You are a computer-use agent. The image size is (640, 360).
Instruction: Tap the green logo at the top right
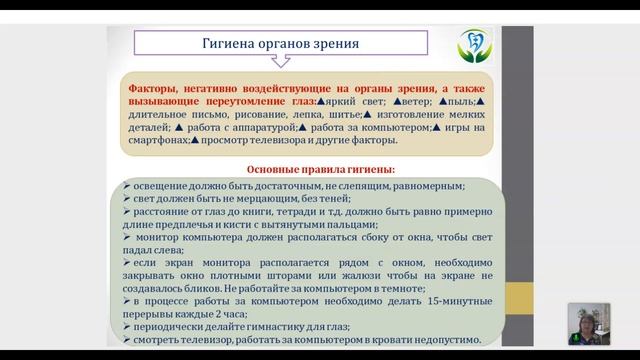(469, 46)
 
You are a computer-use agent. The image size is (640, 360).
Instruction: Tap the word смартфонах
(164, 141)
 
